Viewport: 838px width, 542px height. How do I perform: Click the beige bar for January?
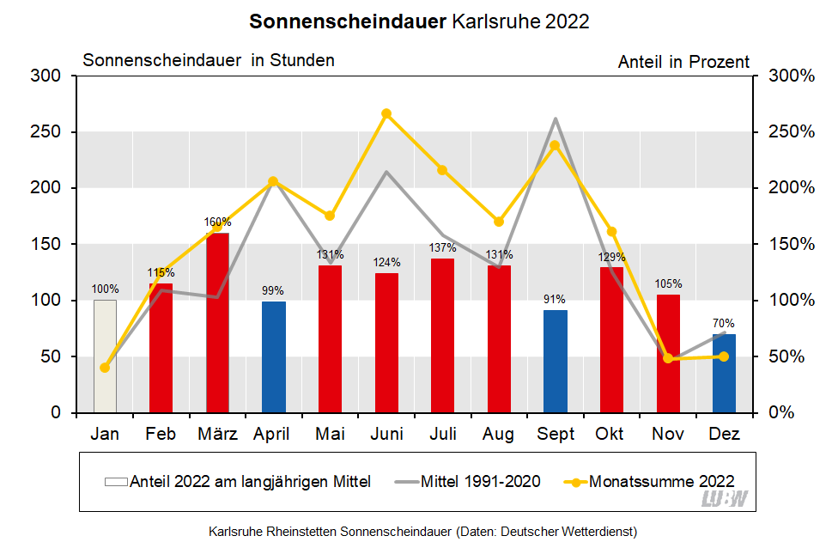coord(105,356)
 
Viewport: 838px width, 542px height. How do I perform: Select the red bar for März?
coord(217,323)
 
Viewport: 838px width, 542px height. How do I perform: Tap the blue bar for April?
coord(274,357)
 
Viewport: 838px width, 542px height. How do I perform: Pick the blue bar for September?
coord(556,362)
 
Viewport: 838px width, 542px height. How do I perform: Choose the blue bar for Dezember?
coord(724,374)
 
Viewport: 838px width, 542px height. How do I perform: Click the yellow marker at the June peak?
coord(386,113)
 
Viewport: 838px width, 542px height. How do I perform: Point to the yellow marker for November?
coord(668,358)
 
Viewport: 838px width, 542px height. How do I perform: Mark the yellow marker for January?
coord(105,368)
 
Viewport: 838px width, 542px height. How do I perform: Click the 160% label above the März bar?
coord(217,222)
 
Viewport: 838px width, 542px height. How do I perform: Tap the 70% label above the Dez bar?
coord(724,324)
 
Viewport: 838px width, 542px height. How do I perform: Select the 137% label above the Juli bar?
coord(443,248)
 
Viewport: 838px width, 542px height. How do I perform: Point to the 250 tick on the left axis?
coord(46,132)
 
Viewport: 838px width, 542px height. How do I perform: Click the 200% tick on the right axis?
coord(790,188)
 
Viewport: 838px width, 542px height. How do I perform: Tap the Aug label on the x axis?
coord(499,435)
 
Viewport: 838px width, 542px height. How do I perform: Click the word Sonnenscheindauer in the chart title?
coord(347,21)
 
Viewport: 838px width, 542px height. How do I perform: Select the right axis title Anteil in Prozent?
coord(683,62)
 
